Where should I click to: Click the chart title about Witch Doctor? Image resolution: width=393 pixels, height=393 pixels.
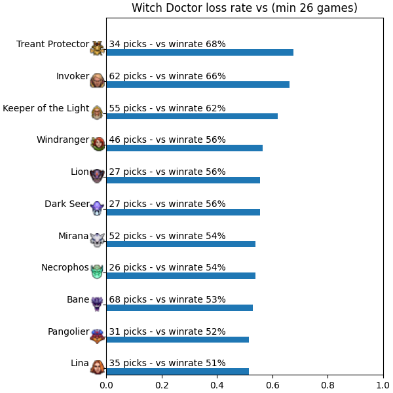pos(244,8)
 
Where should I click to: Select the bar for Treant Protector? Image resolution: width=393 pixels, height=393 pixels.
pos(200,52)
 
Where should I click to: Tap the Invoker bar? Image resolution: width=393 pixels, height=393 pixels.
pos(198,84)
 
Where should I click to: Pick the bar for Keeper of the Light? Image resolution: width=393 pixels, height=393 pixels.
pos(192,117)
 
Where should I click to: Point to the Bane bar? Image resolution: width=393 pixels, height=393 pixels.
pos(179,308)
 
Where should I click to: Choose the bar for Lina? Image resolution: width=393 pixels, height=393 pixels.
pos(178,371)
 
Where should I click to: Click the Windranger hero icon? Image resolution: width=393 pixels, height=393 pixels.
pos(98,144)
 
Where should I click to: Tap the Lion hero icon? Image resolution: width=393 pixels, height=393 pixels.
pos(97,176)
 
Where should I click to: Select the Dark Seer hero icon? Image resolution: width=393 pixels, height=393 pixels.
pos(97,208)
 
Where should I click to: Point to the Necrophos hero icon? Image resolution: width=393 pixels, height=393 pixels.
pos(97,271)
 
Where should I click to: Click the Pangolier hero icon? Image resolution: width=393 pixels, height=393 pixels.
pos(98,336)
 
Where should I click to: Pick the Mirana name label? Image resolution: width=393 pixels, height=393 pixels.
pos(73,236)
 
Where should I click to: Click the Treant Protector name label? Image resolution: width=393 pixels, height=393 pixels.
pos(52,44)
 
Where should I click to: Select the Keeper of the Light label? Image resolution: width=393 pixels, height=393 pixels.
pos(46,108)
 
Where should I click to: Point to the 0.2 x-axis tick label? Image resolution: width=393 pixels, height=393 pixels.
pos(162,385)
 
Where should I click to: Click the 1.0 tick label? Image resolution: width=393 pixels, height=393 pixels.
pos(383,385)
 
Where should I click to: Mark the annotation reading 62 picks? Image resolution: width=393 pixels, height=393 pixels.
pos(167,76)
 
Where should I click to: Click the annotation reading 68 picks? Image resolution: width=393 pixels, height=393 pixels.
pos(167,299)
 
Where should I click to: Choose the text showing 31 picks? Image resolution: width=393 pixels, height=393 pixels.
pos(167,331)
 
